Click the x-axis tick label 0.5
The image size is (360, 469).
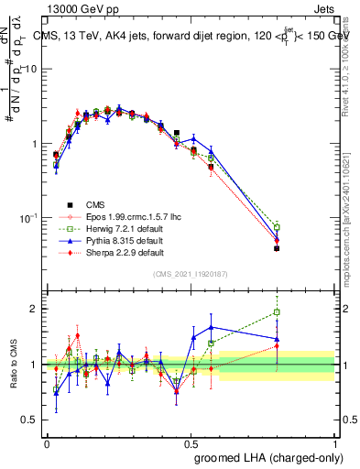click(x=191, y=443)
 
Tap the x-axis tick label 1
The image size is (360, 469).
click(x=335, y=443)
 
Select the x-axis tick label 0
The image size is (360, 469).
click(x=47, y=443)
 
